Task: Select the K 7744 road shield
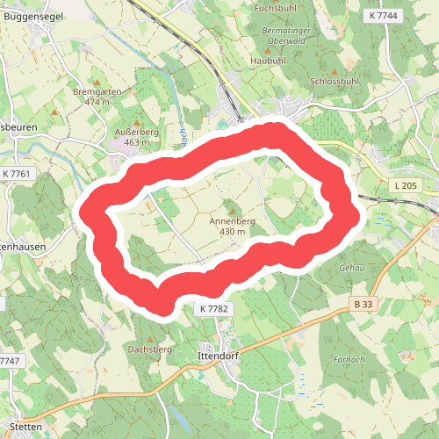click(x=384, y=16)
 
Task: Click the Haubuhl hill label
click(x=269, y=61)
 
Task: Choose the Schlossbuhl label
click(x=335, y=81)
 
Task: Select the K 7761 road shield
click(x=17, y=173)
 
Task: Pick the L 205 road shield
click(x=406, y=184)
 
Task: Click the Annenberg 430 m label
click(x=233, y=226)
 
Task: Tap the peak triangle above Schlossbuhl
click(x=335, y=70)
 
